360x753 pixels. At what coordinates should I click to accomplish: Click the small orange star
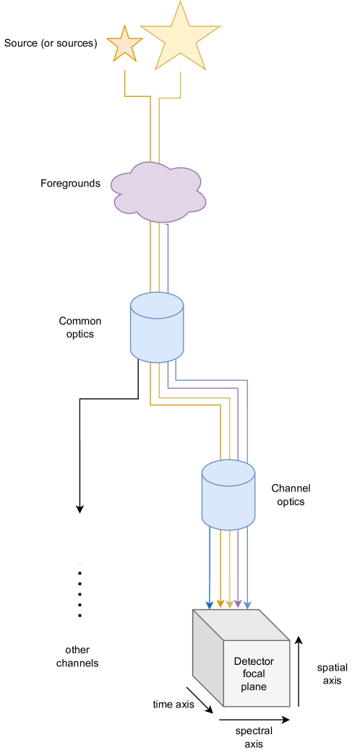124,45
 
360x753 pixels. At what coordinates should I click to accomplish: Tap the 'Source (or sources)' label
51,43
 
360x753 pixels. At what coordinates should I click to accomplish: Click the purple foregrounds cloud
158,192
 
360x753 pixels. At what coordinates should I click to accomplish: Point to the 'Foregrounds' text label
70,184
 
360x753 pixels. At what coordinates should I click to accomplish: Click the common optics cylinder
157,327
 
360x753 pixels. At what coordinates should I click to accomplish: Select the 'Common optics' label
80,327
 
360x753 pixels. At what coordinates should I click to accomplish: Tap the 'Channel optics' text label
291,495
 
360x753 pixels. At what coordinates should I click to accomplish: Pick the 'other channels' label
77,656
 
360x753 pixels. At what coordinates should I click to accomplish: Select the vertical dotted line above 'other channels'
80,591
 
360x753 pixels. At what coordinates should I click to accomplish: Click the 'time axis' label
173,704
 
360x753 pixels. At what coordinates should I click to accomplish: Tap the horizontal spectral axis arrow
254,720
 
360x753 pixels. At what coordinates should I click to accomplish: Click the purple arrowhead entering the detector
239,603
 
